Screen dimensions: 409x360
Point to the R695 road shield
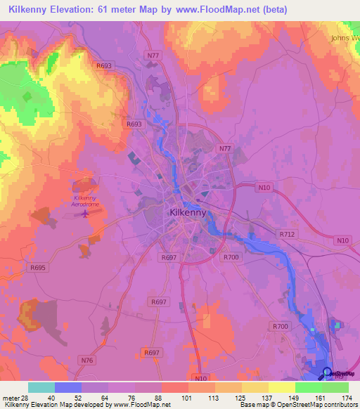point(38,267)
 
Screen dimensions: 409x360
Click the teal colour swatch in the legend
point(41,387)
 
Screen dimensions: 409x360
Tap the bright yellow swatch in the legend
point(281,387)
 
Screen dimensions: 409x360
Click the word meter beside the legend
point(10,398)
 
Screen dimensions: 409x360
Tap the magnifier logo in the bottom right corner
point(328,373)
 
